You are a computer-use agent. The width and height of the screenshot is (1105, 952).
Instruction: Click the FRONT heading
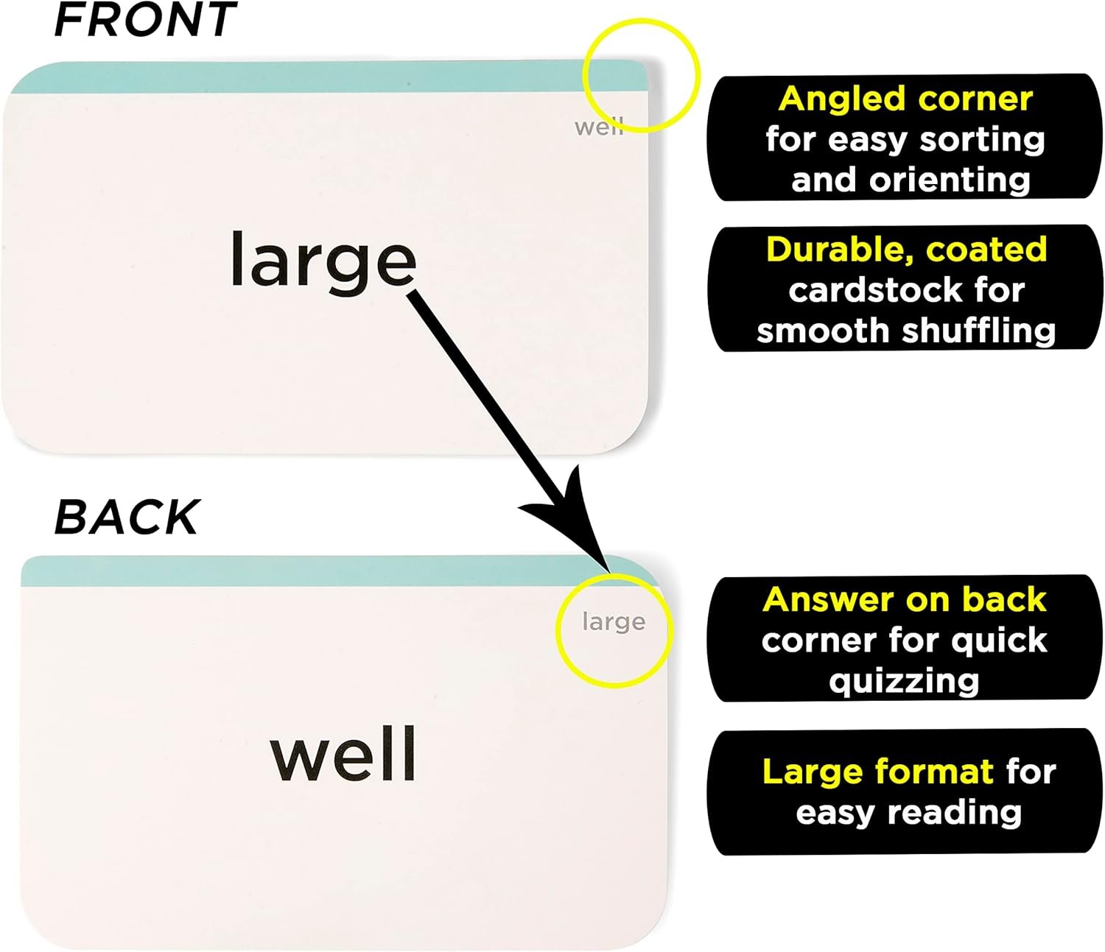pos(145,20)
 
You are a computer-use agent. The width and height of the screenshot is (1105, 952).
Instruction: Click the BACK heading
pos(127,517)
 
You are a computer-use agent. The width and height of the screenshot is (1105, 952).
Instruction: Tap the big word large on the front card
pos(323,261)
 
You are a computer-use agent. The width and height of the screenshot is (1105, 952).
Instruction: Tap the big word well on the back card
pos(343,754)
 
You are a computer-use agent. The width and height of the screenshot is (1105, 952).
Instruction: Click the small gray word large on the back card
pos(614,622)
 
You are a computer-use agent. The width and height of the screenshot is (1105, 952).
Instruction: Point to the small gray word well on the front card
pos(598,127)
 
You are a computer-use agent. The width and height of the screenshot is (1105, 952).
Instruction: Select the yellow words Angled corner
pos(905,99)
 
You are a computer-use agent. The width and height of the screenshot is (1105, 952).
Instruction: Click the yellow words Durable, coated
pos(906,250)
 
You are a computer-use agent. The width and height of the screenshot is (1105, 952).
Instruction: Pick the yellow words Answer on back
pos(905,599)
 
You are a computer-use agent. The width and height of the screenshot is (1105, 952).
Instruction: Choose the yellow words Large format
pos(877,772)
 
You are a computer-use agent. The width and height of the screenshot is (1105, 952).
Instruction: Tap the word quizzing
pos(904,681)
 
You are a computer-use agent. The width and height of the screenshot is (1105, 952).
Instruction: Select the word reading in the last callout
pos(955,813)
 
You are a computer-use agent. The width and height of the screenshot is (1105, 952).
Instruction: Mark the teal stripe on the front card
pos(324,77)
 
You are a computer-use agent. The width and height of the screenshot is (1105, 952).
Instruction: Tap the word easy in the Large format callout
pos(836,813)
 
